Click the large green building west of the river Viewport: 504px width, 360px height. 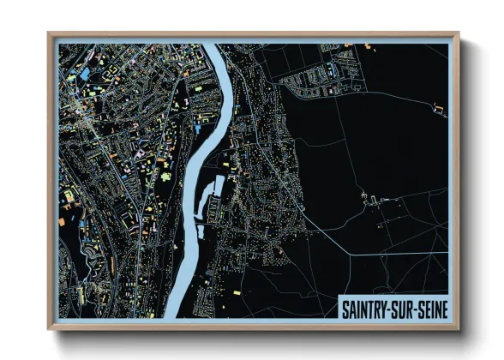(165, 175)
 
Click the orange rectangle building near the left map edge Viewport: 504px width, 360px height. (69, 196)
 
